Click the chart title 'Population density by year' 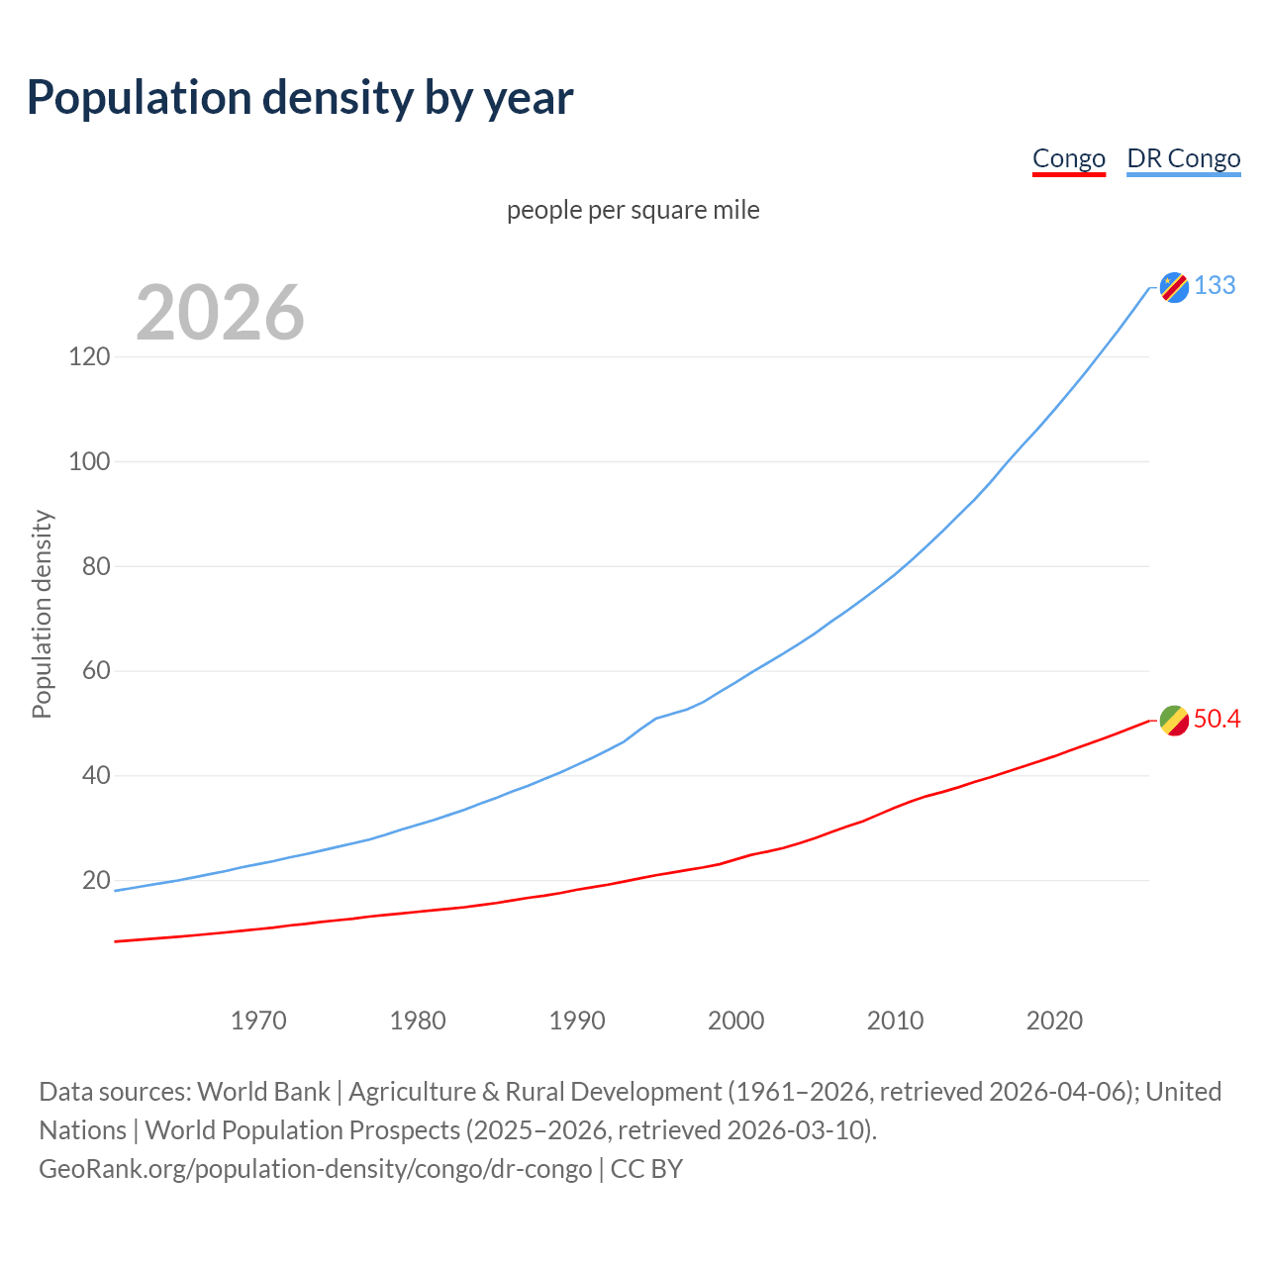300,98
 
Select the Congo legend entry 1068,158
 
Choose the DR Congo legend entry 1183,158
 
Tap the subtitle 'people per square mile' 633,210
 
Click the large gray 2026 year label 220,313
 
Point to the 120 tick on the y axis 89,356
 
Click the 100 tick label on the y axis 89,461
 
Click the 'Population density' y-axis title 42,614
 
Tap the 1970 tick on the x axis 258,1021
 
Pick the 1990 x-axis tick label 577,1021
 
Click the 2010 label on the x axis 895,1021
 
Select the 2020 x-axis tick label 1054,1021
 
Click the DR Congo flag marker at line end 1174,287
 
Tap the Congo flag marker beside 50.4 1174,721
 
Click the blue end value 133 1215,285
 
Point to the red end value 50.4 1217,719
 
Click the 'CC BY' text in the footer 646,1169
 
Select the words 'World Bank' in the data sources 263,1092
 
